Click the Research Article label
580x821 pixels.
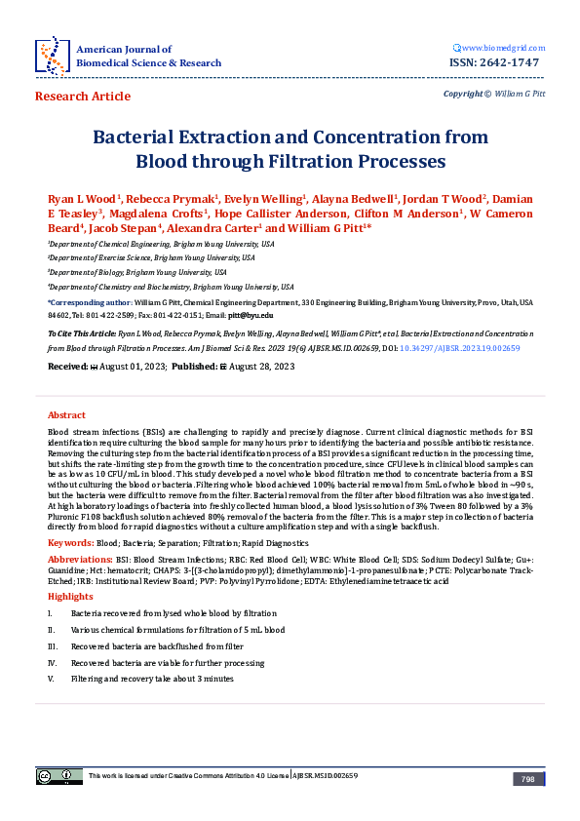click(x=82, y=97)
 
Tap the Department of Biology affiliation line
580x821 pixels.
click(x=137, y=272)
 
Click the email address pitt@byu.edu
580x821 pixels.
click(x=253, y=315)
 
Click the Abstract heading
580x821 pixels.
click(x=66, y=415)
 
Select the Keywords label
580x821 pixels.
click(x=70, y=541)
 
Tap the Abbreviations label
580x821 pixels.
click(x=79, y=559)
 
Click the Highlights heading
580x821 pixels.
click(x=70, y=595)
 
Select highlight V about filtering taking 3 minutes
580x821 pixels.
click(x=152, y=678)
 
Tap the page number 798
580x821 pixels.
click(x=527, y=779)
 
